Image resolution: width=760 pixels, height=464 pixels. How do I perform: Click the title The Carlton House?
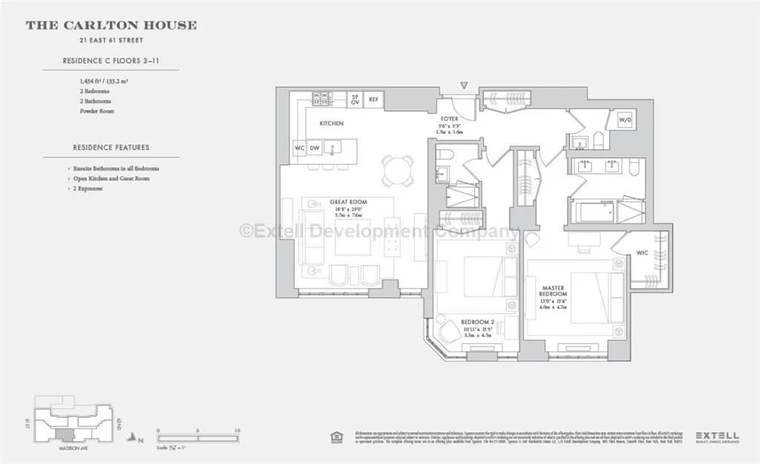coord(111,25)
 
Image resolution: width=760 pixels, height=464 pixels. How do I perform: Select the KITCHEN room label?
coord(331,123)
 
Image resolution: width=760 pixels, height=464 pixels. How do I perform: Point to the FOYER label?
coord(449,119)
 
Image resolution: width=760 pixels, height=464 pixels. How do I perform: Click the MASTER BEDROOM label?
coord(554,290)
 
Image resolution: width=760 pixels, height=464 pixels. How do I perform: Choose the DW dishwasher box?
coord(315,148)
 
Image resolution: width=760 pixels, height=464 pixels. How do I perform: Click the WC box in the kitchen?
coord(299,148)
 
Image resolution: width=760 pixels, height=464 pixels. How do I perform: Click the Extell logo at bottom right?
coord(715,437)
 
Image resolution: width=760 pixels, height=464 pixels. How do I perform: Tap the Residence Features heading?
coord(111,147)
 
